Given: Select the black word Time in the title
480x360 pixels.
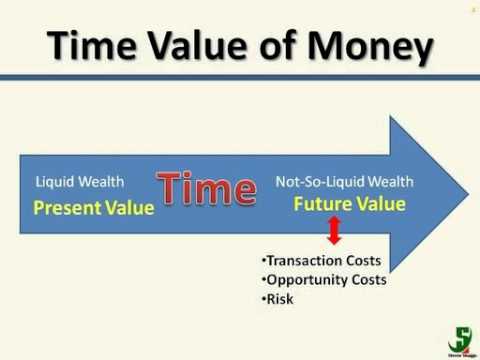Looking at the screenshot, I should coord(92,46).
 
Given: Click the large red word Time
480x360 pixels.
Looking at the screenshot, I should coord(206,190).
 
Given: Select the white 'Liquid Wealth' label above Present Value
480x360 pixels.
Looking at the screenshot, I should coord(80,182).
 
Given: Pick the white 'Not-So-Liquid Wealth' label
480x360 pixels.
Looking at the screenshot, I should coord(344,182).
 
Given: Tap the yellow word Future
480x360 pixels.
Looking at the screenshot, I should coord(322,204).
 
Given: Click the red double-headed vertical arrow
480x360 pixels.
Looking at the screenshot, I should coord(335,234).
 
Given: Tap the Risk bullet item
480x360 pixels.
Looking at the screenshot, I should coord(279,298).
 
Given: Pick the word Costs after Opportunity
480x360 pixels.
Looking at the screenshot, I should coord(363,279).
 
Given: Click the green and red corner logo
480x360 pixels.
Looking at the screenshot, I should coord(460,338).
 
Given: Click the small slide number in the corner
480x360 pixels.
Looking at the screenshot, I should coord(471,7).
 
